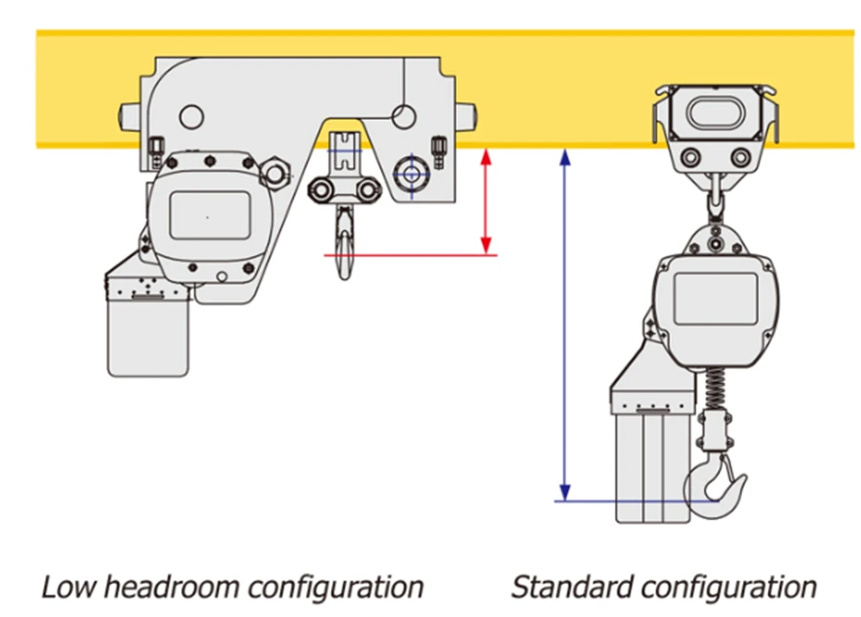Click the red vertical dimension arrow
(486, 202)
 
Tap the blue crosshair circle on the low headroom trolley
(410, 173)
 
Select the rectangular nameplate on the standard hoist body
(715, 297)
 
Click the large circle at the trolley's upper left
(191, 115)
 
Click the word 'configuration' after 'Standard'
(728, 587)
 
